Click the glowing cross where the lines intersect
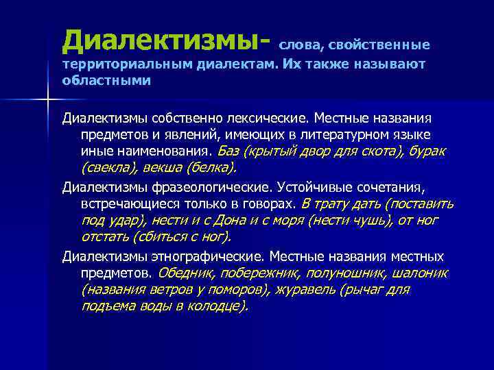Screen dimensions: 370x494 (x=47, y=100)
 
